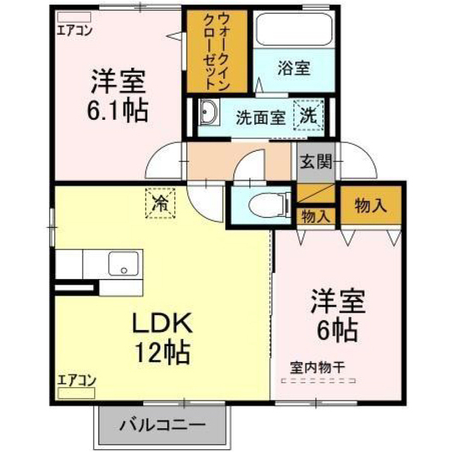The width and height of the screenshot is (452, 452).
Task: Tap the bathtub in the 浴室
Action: [295, 30]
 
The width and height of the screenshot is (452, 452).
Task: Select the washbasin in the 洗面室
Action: [209, 112]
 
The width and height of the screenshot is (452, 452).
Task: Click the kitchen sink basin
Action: [124, 263]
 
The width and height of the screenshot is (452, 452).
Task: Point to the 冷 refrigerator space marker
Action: [160, 203]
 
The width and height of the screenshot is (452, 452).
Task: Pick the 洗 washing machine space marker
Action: [309, 114]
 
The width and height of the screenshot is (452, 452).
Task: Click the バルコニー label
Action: [162, 425]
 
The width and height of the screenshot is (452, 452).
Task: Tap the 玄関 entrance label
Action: [316, 162]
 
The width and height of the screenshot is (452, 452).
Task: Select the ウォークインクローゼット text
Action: [216, 52]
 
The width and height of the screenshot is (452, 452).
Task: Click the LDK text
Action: [162, 323]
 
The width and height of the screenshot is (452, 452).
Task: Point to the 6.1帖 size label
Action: [118, 111]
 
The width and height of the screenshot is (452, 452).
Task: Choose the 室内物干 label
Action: [317, 368]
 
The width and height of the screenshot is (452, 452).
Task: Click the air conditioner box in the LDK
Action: [76, 393]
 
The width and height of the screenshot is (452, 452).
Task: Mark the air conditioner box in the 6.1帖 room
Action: [74, 17]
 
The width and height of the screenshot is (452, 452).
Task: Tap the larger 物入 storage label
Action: [370, 206]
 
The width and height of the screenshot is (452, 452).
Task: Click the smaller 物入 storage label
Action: [316, 216]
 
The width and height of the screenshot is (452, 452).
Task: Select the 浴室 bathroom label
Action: [294, 69]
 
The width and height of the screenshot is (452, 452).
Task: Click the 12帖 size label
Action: [162, 352]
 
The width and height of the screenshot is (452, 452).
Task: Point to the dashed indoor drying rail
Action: [319, 381]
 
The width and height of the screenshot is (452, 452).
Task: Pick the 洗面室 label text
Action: [261, 118]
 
